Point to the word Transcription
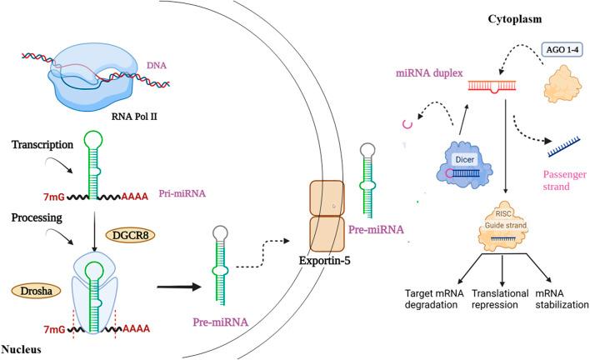point(47,143)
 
